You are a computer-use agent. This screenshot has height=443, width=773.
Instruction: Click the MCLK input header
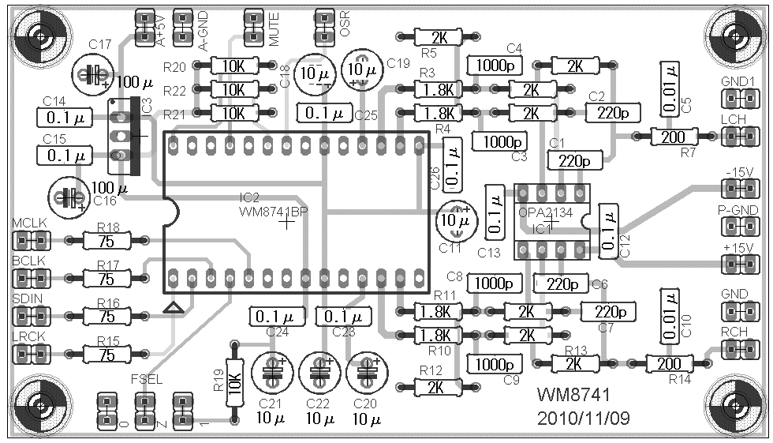[x=29, y=240]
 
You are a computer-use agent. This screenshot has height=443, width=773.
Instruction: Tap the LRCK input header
[x=29, y=354]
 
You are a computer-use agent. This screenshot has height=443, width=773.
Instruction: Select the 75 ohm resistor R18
[x=106, y=240]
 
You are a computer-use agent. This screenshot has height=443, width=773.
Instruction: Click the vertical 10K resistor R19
[x=233, y=382]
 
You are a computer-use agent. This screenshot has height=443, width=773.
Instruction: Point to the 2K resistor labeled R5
[x=438, y=37]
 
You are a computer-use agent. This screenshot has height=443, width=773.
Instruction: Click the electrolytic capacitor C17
[x=93, y=73]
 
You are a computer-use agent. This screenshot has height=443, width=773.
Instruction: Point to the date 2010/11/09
[x=583, y=416]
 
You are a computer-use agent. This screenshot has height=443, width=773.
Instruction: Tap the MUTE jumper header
[x=255, y=27]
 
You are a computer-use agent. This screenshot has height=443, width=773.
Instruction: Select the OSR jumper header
[x=323, y=27]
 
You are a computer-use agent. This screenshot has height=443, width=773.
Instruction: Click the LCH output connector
[x=738, y=137]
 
